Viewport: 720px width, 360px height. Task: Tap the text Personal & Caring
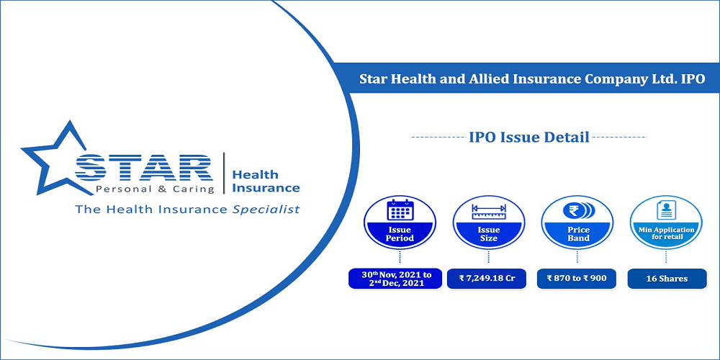pyautogui.click(x=155, y=189)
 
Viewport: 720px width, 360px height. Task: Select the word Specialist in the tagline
pyautogui.click(x=266, y=210)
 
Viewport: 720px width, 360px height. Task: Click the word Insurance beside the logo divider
pyautogui.click(x=266, y=188)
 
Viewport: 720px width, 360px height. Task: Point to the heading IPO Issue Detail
pyautogui.click(x=529, y=138)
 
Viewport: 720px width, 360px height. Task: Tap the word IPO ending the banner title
pyautogui.click(x=694, y=79)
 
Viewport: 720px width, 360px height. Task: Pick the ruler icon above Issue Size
pyautogui.click(x=489, y=211)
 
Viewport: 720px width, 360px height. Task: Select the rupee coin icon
pyautogui.click(x=578, y=210)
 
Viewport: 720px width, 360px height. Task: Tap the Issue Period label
pyautogui.click(x=400, y=234)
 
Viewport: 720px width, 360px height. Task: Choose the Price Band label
pyautogui.click(x=578, y=234)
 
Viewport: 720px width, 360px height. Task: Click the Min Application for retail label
pyautogui.click(x=667, y=233)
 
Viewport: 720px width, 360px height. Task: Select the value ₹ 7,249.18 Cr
pyautogui.click(x=486, y=278)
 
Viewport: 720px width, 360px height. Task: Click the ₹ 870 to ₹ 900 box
pyautogui.click(x=576, y=278)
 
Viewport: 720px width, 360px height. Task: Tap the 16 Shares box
pyautogui.click(x=667, y=278)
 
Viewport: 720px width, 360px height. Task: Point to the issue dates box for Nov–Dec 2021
pyautogui.click(x=395, y=278)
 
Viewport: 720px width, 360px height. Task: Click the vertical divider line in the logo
pyautogui.click(x=224, y=173)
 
